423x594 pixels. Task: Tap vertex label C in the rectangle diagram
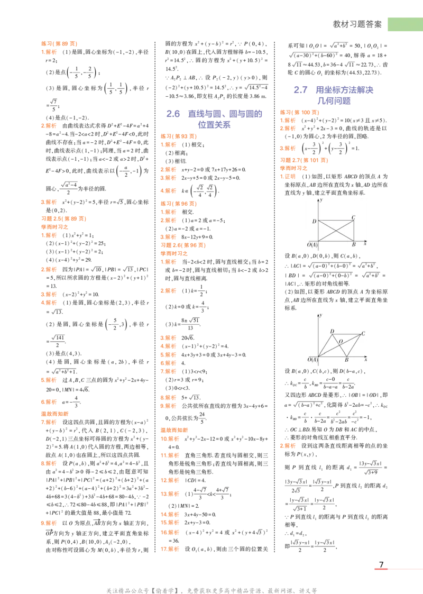[353, 217]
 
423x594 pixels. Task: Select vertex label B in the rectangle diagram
[353, 244]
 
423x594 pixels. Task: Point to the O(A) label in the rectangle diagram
[312, 244]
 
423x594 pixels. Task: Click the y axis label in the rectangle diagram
[321, 200]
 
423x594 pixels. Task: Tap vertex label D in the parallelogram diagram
[332, 332]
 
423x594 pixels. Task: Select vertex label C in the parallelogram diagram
[363, 333]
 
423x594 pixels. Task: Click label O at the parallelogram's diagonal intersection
[341, 341]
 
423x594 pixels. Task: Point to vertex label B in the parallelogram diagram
[346, 360]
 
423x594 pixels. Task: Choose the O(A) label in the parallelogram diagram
[312, 360]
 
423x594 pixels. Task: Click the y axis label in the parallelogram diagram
[321, 316]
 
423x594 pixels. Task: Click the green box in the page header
[404, 24]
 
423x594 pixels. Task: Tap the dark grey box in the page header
[357, 23]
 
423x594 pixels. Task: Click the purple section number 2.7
[173, 114]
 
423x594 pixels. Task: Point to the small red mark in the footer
[380, 569]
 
